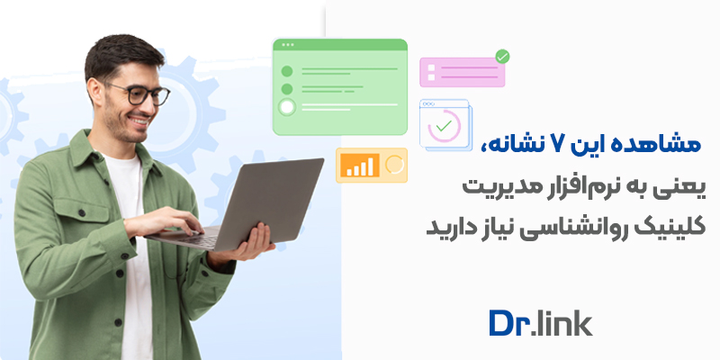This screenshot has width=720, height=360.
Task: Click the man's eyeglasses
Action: point(144,93)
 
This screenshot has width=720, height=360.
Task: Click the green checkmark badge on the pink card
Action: point(502,57)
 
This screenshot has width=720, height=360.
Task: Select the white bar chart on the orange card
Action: point(358,166)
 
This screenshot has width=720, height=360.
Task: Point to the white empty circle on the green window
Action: point(287,108)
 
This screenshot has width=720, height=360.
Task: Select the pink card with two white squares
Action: point(462,72)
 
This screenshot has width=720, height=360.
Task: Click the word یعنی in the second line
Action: point(681,187)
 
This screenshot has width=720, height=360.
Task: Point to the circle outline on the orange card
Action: point(393,165)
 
